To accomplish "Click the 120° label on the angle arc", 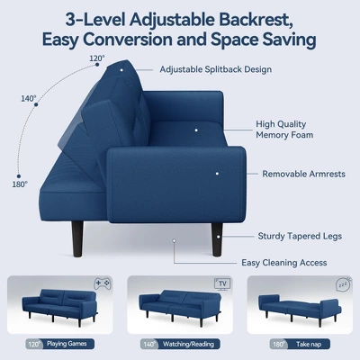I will pos(97,59).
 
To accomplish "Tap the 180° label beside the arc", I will pos(20,184).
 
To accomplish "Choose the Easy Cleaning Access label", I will pos(283,262).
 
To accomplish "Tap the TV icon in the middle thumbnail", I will pos(221,283).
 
